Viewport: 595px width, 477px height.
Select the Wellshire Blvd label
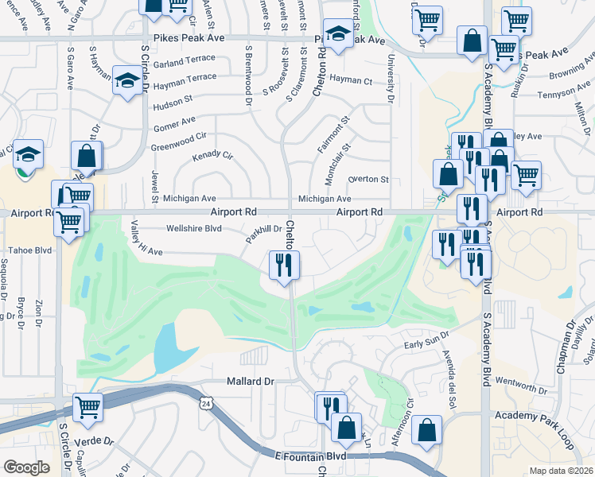coord(192,228)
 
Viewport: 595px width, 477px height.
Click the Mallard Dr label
coord(250,382)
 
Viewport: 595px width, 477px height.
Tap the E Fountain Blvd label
coord(311,456)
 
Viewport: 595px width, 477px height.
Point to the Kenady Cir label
coord(212,155)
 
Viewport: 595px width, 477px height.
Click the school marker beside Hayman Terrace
coord(126,80)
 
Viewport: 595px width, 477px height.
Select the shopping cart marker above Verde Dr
coord(87,408)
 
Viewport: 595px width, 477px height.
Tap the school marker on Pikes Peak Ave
coord(338,34)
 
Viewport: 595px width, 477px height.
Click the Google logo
coord(26,467)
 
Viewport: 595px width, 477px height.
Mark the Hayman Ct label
coord(351,80)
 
